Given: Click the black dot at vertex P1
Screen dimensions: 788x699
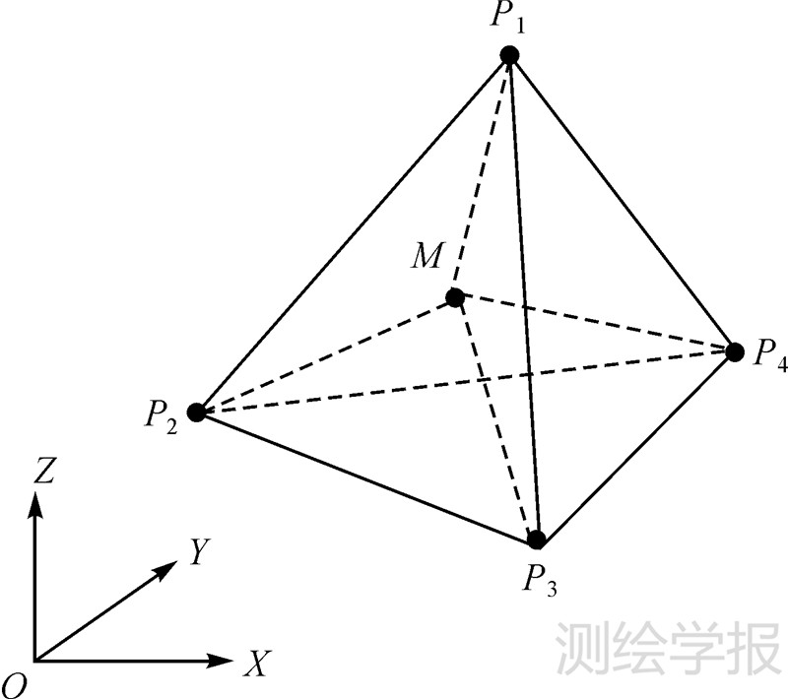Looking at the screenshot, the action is point(509,55).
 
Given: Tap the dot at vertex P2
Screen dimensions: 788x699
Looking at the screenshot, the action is point(196,413).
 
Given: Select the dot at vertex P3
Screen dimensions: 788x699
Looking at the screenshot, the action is point(537,540).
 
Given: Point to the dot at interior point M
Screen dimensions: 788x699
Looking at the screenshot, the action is point(454,297).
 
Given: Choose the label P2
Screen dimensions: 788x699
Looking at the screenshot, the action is point(161,417).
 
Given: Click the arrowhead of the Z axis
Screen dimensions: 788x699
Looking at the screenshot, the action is point(35,502).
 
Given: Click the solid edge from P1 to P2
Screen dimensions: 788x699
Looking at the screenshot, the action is point(353,234).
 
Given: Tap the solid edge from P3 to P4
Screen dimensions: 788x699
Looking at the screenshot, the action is point(635,445).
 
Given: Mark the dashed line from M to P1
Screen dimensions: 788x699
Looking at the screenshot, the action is point(482,176).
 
